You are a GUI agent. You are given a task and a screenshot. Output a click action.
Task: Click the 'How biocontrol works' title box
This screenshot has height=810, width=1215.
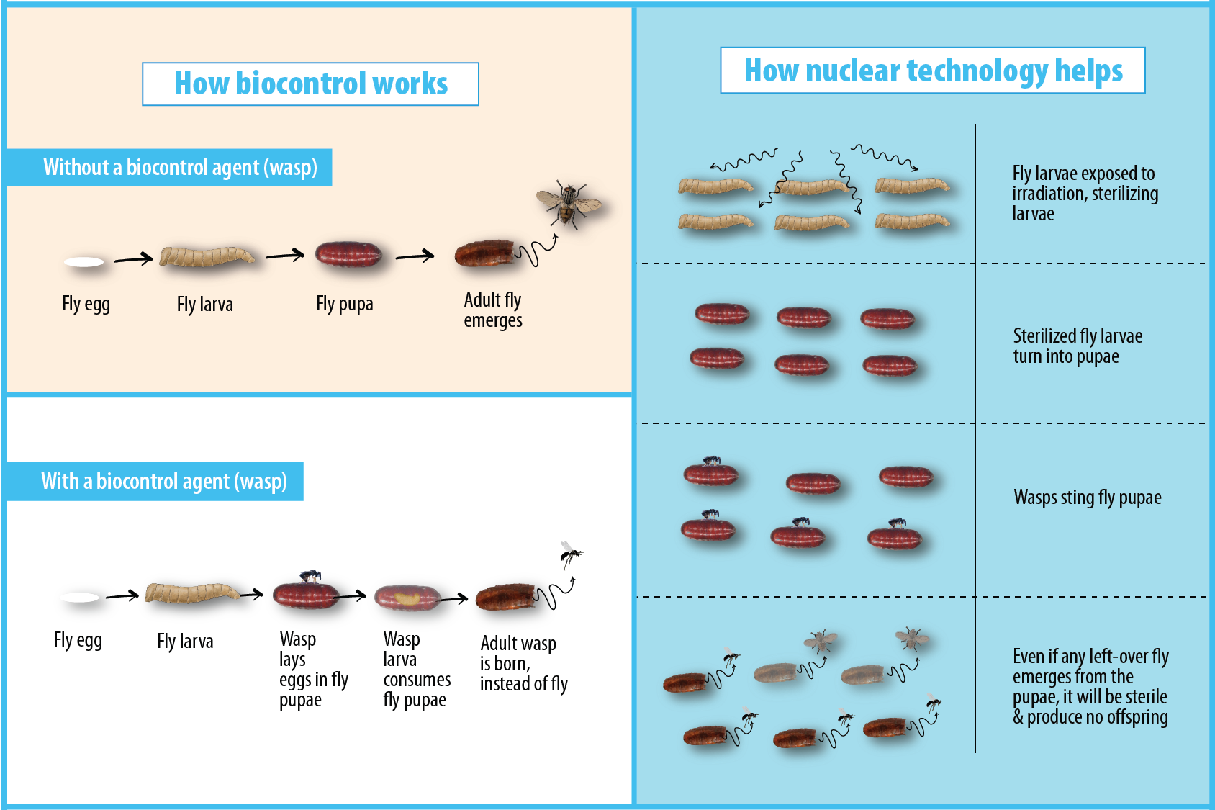pos(310,84)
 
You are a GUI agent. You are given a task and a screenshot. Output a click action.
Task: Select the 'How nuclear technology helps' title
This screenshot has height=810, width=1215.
pos(932,71)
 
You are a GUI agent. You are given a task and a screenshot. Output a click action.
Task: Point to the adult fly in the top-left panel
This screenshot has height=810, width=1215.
pos(568,203)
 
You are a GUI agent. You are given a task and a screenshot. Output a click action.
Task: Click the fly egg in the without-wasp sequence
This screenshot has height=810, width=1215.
pos(84,262)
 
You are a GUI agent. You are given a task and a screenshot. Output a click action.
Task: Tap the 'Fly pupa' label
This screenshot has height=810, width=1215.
pos(344,304)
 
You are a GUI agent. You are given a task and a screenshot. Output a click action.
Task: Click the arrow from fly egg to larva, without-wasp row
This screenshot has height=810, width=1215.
pos(133,258)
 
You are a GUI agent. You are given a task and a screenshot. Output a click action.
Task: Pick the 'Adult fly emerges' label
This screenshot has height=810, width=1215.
pos(493,310)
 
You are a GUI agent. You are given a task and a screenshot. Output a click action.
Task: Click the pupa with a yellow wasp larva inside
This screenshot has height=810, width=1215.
pos(407,598)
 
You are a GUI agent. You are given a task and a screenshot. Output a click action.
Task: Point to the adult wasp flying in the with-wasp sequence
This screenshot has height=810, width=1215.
pos(571,554)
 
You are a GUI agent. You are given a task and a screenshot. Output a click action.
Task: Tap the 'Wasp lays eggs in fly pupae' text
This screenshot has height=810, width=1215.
pos(313,670)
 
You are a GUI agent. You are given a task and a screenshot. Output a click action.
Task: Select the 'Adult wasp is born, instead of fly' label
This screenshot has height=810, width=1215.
pos(523,664)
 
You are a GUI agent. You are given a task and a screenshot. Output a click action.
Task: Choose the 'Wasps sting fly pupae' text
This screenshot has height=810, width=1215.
pos(1087,498)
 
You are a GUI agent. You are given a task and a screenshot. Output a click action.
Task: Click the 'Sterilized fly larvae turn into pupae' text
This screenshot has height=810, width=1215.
pos(1077,346)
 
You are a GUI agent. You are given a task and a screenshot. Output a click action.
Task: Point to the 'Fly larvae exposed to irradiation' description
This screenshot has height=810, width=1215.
pos(1085,194)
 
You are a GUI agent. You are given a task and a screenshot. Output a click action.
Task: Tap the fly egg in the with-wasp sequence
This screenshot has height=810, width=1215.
pos(80,597)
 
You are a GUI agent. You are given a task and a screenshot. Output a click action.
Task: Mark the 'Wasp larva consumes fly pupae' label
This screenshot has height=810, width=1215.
pos(417,670)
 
